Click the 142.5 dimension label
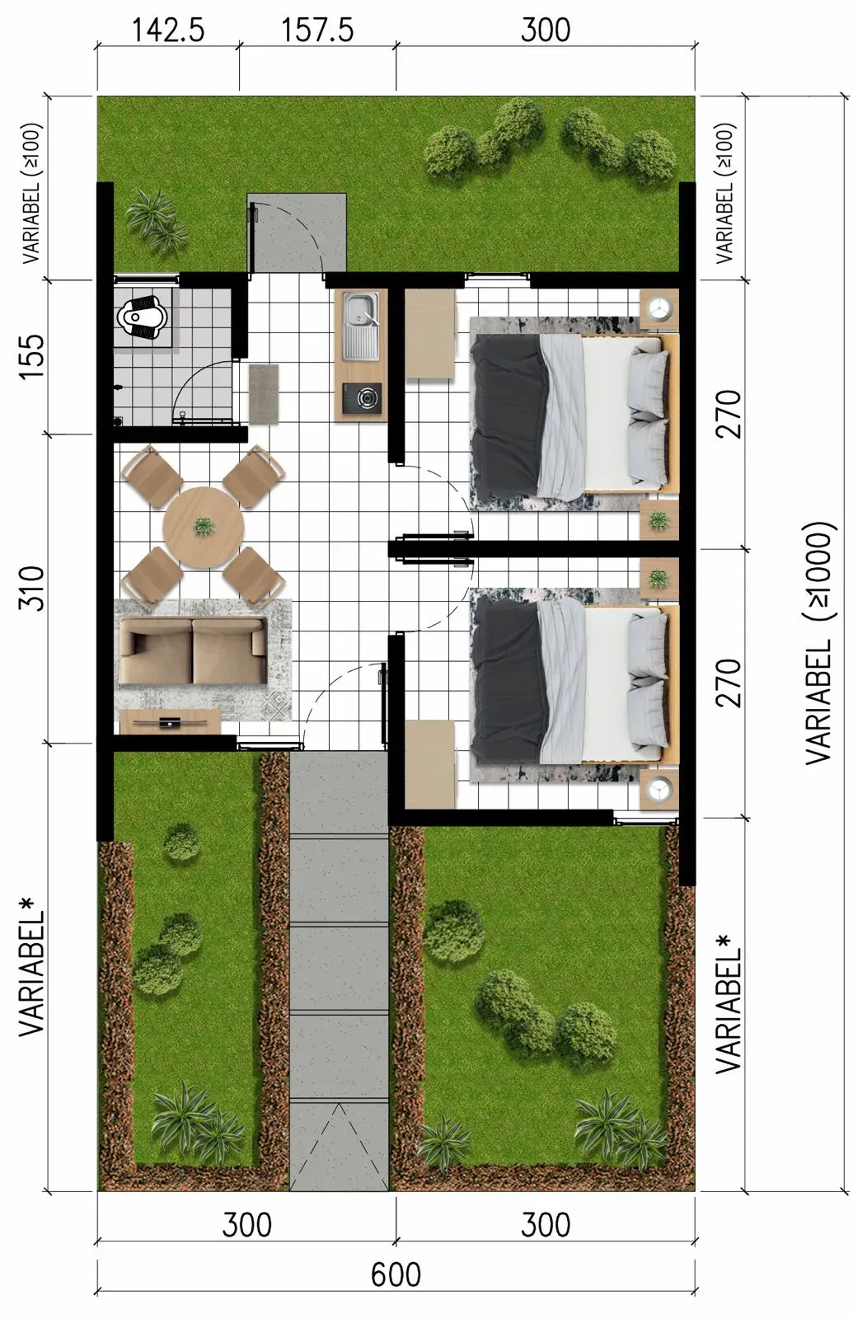click(168, 31)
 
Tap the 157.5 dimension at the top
click(318, 31)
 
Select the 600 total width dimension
click(396, 1274)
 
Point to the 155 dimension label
click(32, 358)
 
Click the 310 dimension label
click(32, 589)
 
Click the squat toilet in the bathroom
click(143, 318)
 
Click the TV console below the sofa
click(170, 721)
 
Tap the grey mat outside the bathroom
click(264, 393)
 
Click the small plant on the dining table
click(204, 525)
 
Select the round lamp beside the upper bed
click(658, 307)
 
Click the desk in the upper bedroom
click(430, 333)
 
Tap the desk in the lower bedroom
click(430, 764)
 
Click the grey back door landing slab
click(297, 232)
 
